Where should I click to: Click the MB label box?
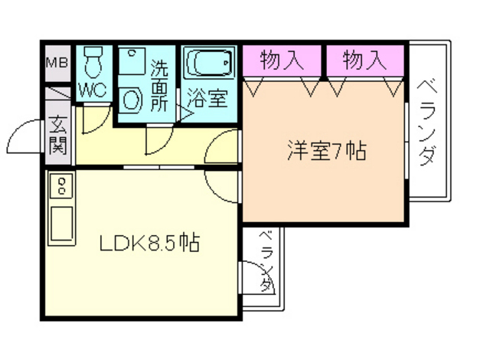tap(57, 62)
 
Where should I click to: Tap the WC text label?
tap(93, 89)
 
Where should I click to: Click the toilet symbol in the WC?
tap(94, 61)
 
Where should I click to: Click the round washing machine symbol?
tap(132, 100)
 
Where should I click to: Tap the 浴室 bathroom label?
tap(208, 98)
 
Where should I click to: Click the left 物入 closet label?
tap(280, 60)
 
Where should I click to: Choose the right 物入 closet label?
tap(364, 60)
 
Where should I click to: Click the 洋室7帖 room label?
tap(326, 150)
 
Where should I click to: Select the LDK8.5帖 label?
tap(150, 244)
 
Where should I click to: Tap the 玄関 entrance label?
tap(58, 134)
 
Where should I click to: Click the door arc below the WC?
tap(90, 119)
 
